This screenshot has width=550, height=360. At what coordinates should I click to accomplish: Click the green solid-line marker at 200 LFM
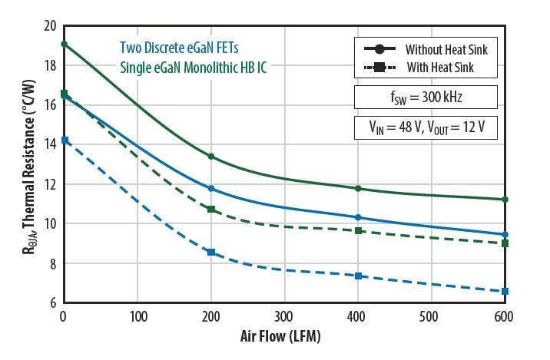[x=211, y=157]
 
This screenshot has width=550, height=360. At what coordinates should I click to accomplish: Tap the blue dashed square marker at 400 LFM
[x=358, y=276]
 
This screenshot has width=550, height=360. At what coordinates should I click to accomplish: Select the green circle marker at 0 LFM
[x=64, y=45]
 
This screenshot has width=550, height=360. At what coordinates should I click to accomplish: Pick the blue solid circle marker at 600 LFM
[x=505, y=235]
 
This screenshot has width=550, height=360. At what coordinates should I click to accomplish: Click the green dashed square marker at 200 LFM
[x=211, y=210]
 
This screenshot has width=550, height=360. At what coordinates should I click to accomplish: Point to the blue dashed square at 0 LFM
[x=65, y=140]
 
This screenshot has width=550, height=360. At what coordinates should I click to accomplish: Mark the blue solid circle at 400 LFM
[x=358, y=218]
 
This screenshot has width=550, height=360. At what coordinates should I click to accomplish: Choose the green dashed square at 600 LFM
[x=505, y=243]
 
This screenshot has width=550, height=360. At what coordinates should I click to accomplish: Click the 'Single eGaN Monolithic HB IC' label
[x=199, y=66]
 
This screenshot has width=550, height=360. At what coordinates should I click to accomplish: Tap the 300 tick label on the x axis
[x=285, y=315]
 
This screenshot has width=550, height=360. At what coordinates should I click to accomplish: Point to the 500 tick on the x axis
[x=432, y=315]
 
